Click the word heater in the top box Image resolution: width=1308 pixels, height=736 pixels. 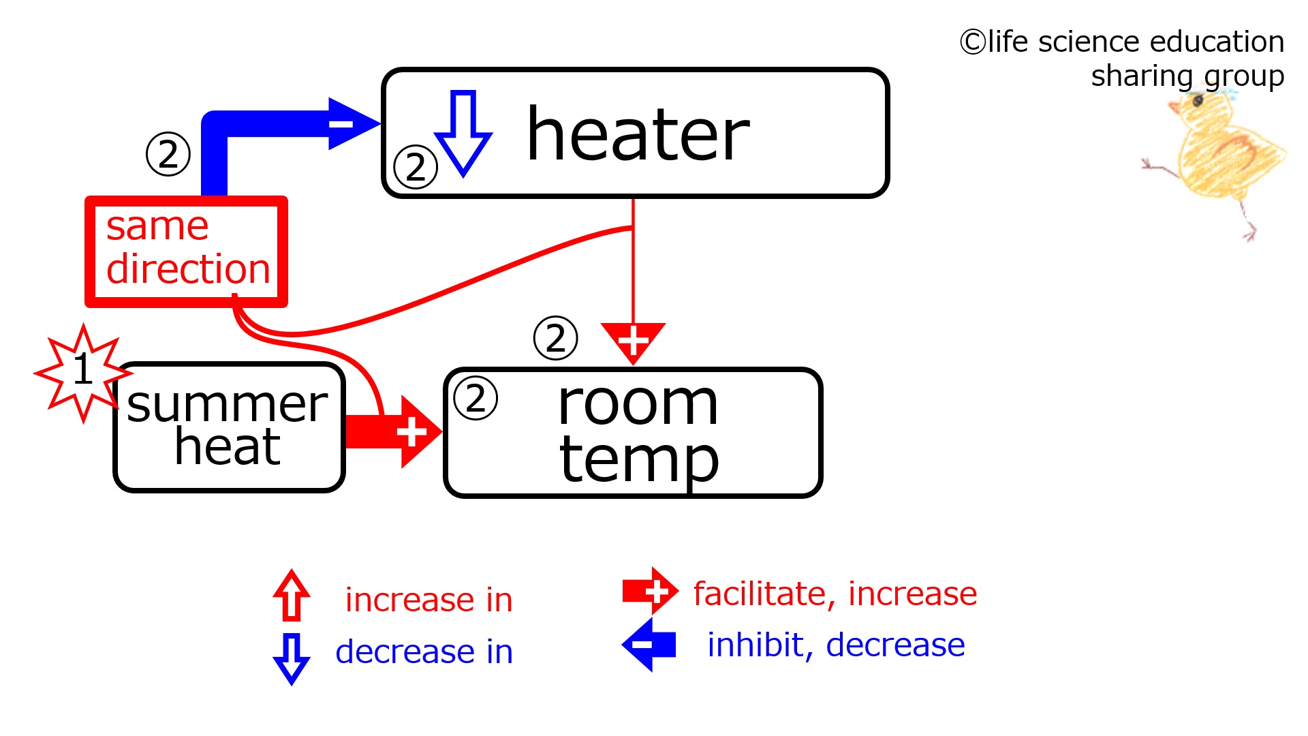638,135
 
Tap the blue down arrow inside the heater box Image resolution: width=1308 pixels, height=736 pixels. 463,134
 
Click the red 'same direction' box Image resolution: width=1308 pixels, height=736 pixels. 186,251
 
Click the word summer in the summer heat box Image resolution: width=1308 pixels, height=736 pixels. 227,404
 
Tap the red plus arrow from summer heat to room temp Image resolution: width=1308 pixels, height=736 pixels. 394,432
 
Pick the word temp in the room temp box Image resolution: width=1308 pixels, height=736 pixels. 638,461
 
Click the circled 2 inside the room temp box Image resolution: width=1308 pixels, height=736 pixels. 476,398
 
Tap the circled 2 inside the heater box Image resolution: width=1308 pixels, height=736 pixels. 416,167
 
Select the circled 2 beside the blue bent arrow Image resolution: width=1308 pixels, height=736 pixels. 168,154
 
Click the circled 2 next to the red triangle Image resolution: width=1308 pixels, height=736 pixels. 556,338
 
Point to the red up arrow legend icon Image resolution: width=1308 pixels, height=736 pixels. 292,595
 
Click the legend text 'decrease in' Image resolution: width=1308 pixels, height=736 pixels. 424,652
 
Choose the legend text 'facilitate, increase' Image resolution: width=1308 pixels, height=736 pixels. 835,594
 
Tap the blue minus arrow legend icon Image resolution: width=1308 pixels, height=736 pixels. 649,645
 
